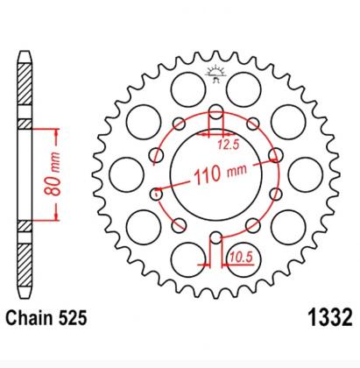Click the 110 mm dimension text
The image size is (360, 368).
(220, 173)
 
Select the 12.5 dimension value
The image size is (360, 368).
(229, 145)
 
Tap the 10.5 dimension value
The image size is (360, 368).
(240, 258)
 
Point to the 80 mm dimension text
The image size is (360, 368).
(53, 174)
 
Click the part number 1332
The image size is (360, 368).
(330, 317)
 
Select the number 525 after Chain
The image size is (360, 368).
(73, 318)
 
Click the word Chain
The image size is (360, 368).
(30, 318)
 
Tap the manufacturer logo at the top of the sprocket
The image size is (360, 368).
(215, 74)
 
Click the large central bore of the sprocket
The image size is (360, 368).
(216, 174)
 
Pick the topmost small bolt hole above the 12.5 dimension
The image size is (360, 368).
(216, 111)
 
